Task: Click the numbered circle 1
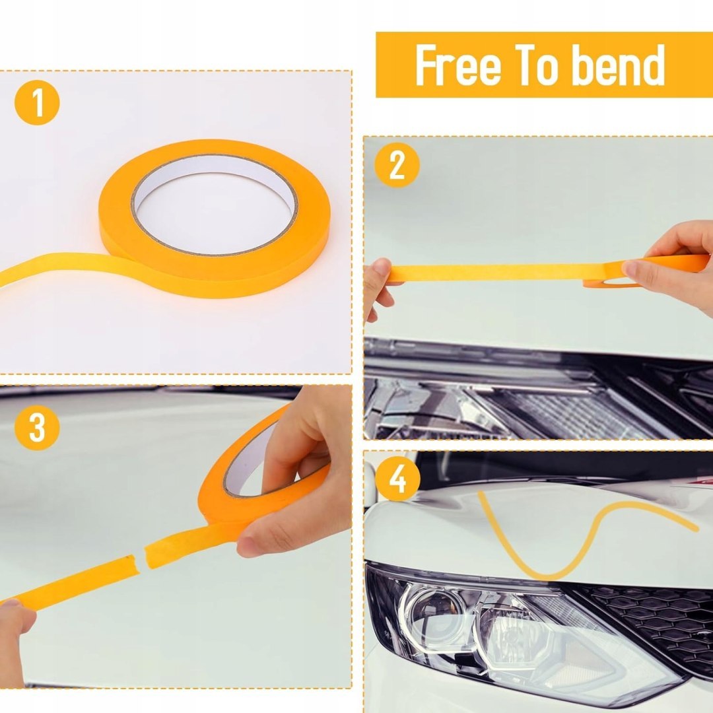pos(37,102)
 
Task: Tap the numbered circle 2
pos(397,165)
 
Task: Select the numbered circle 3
pos(37,427)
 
